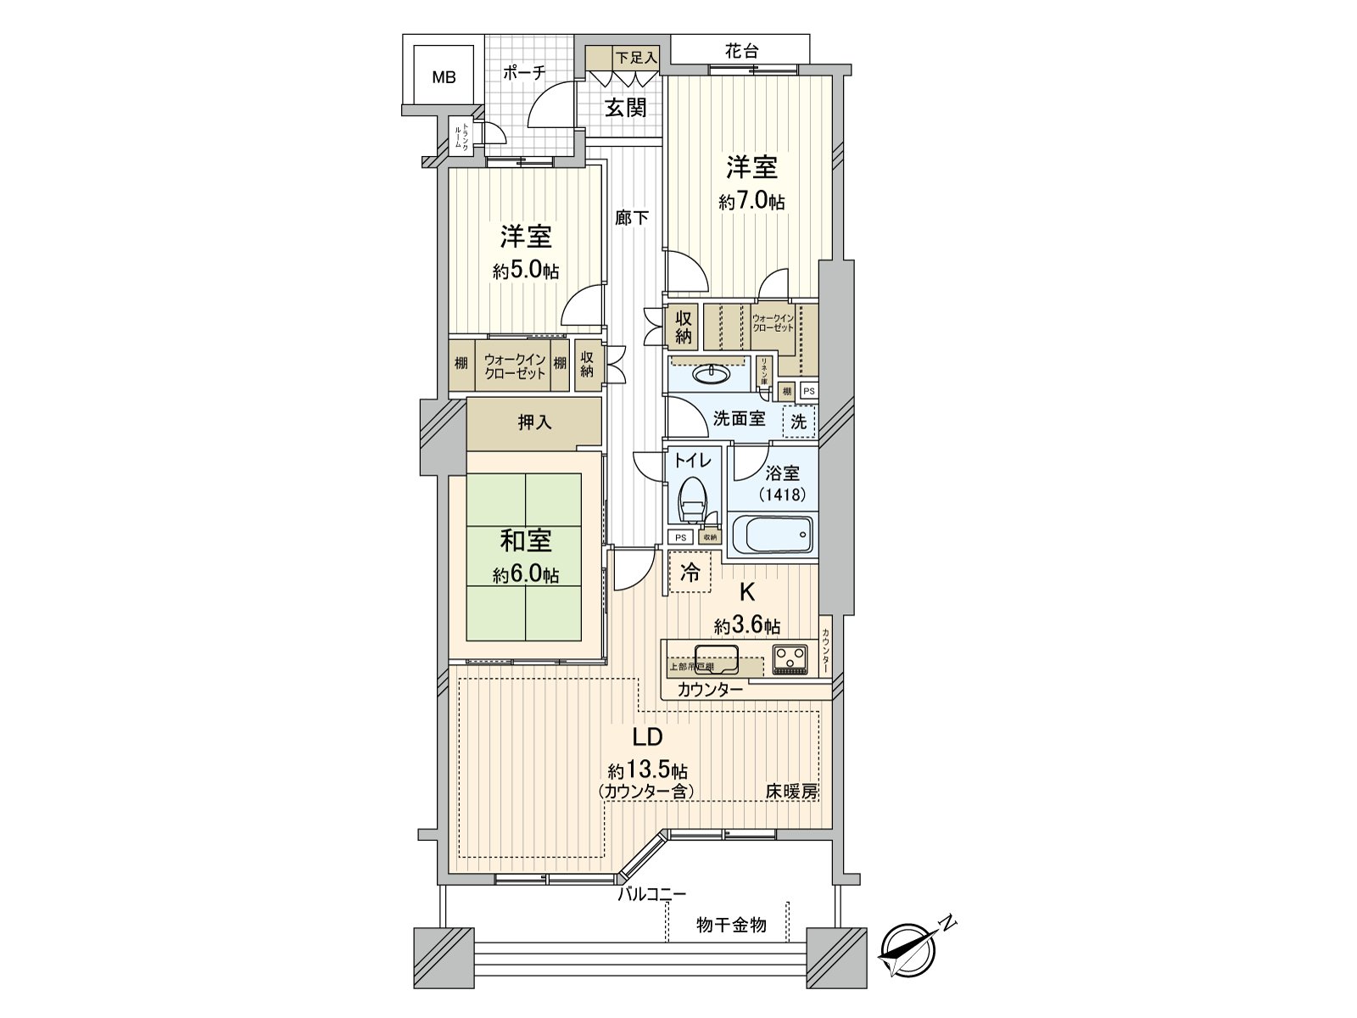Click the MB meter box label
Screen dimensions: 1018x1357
point(444,78)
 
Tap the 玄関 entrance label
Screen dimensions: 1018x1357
point(625,108)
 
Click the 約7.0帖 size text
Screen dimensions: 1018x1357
point(751,202)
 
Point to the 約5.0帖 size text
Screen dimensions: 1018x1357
point(526,271)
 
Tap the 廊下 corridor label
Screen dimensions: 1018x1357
point(632,218)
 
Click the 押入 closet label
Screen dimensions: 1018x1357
point(534,422)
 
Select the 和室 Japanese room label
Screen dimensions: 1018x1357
point(526,540)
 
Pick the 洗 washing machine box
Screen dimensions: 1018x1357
point(799,421)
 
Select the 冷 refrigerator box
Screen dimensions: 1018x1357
point(690,573)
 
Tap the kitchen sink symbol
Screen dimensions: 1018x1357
point(717,657)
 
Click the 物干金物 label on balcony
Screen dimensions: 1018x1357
point(731,925)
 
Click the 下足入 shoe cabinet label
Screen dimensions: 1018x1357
point(636,58)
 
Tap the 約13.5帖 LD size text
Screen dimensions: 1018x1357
point(647,771)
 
